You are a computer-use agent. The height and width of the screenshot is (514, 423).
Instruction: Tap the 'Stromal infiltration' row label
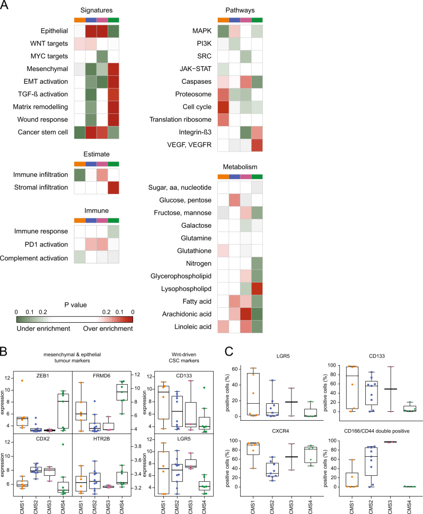pyautogui.click(x=39, y=187)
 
